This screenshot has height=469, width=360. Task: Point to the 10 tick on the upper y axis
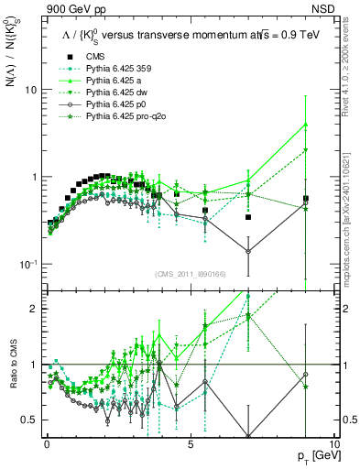31,90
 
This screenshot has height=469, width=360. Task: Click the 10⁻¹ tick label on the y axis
27,264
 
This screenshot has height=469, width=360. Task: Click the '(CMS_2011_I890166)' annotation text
191,274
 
